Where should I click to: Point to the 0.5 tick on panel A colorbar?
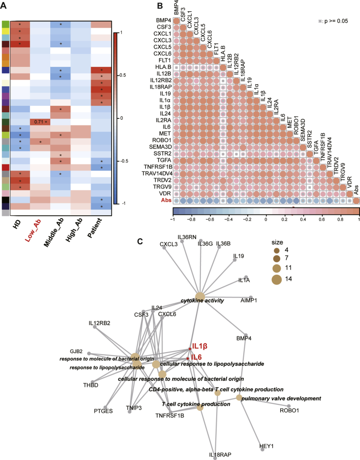point(121,75)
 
